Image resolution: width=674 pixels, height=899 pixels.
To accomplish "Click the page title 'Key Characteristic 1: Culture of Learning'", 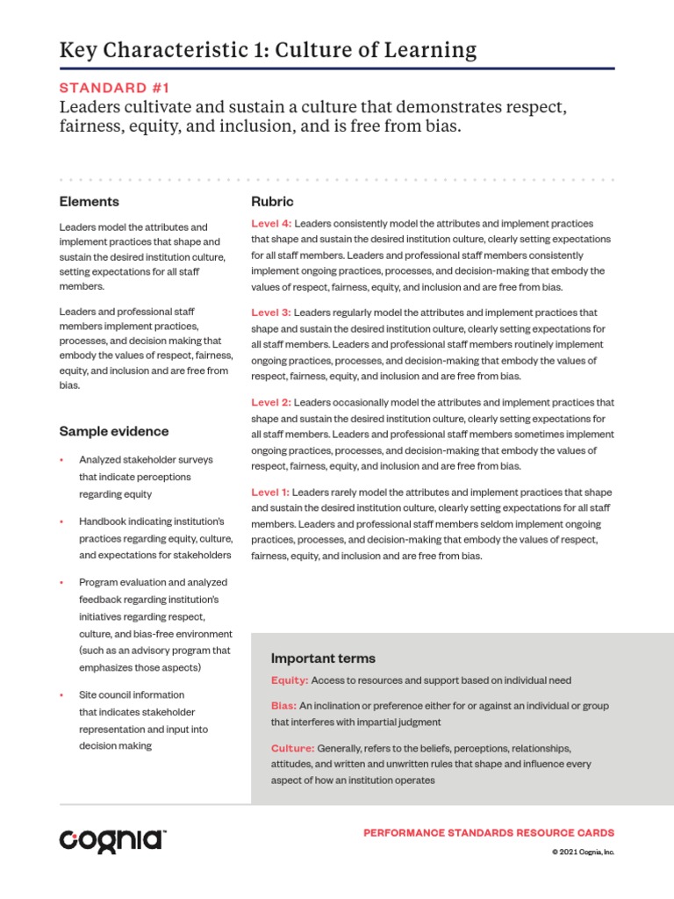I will pyautogui.click(x=268, y=50).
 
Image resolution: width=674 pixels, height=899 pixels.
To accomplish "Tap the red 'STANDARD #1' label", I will pyautogui.click(x=113, y=87).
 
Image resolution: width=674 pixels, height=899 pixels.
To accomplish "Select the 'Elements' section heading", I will pyautogui.click(x=89, y=201).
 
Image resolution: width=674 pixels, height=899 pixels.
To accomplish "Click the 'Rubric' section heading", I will pyautogui.click(x=272, y=201).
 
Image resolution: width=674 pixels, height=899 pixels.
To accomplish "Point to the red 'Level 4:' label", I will pyautogui.click(x=271, y=224).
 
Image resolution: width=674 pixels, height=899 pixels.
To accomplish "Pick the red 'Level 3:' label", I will pyautogui.click(x=271, y=313).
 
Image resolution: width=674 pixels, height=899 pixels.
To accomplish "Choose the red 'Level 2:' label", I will pyautogui.click(x=271, y=402).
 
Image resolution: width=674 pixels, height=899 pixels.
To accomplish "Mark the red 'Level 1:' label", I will pyautogui.click(x=271, y=493).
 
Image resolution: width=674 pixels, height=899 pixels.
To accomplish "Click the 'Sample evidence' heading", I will pyautogui.click(x=114, y=431).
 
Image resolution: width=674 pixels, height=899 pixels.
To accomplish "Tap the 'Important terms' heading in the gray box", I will pyautogui.click(x=323, y=658).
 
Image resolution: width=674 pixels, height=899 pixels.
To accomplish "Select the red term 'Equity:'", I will pyautogui.click(x=290, y=680).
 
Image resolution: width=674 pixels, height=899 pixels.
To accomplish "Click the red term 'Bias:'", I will pyautogui.click(x=283, y=706).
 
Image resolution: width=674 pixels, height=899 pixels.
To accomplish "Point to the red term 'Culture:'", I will pyautogui.click(x=293, y=748).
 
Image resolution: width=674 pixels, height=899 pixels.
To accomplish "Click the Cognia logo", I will pyautogui.click(x=112, y=839).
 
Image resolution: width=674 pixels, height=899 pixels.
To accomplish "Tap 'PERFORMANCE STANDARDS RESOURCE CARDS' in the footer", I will pyautogui.click(x=489, y=832).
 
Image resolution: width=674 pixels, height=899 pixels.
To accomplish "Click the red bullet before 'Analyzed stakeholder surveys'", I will pyautogui.click(x=61, y=460).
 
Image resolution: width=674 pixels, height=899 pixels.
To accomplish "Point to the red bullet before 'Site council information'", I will pyautogui.click(x=61, y=694).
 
